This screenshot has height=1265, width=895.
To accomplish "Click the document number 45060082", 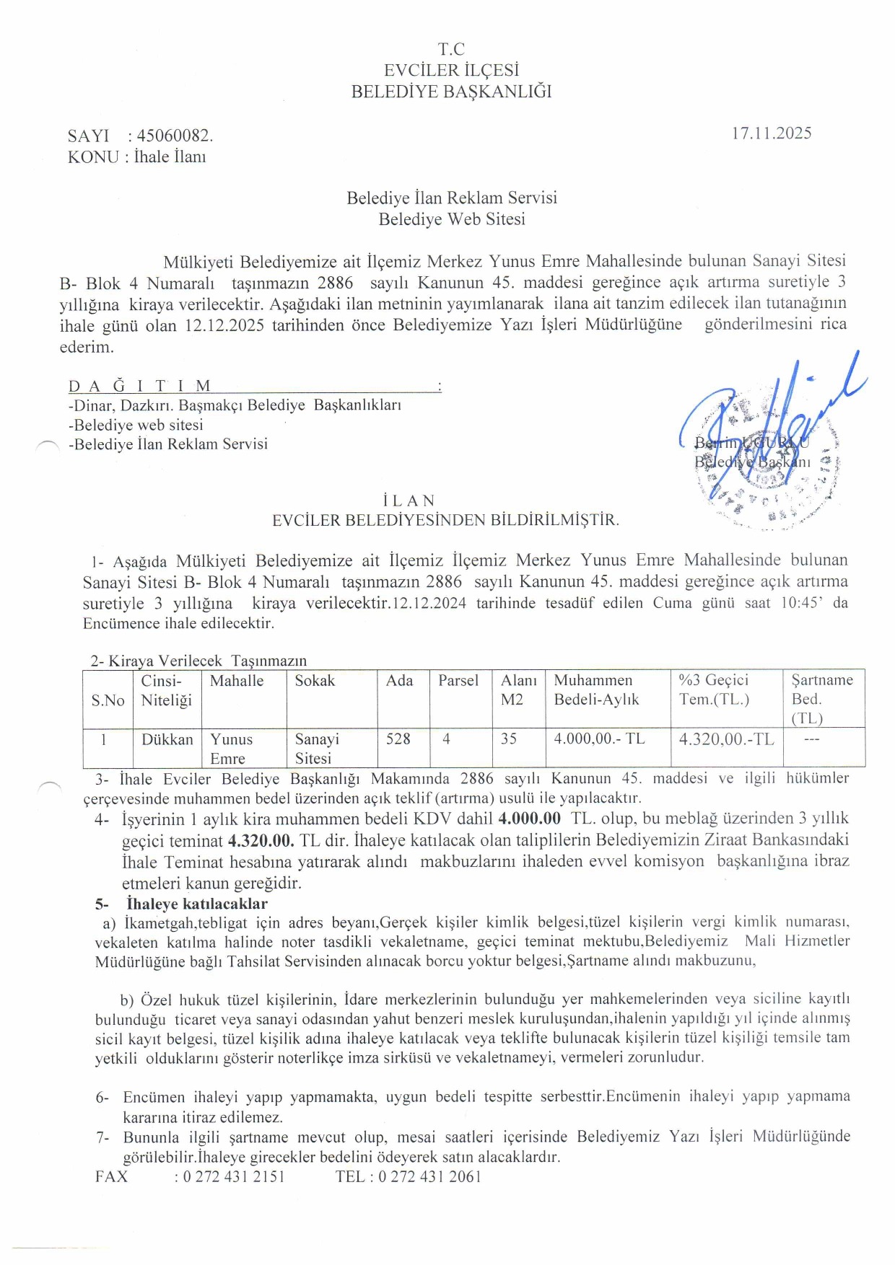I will (x=174, y=136).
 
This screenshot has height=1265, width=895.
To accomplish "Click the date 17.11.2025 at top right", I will (x=771, y=133).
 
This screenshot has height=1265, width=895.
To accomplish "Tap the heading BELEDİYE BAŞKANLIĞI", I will (x=451, y=92).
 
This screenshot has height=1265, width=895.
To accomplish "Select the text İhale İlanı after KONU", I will (x=170, y=157).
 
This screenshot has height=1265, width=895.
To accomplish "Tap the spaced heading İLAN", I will (x=409, y=501).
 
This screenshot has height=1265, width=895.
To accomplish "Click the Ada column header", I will (x=399, y=681).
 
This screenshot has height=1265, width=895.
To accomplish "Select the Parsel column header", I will (x=458, y=681).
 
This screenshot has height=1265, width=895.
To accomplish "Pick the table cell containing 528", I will (x=398, y=739).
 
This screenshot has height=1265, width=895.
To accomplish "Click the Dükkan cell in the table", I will (x=167, y=740).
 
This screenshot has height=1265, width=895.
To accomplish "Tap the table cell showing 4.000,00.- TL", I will (x=599, y=739).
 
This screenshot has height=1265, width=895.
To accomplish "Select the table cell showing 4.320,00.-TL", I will (x=726, y=739).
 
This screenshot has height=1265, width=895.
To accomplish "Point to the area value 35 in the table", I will (x=509, y=739).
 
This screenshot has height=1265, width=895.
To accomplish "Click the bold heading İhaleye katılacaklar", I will (x=196, y=904).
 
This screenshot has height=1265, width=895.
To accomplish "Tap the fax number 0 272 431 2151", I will (x=233, y=1176).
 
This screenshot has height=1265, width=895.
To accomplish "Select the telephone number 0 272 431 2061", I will (x=429, y=1176).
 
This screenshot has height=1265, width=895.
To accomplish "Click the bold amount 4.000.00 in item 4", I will (x=529, y=819).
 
